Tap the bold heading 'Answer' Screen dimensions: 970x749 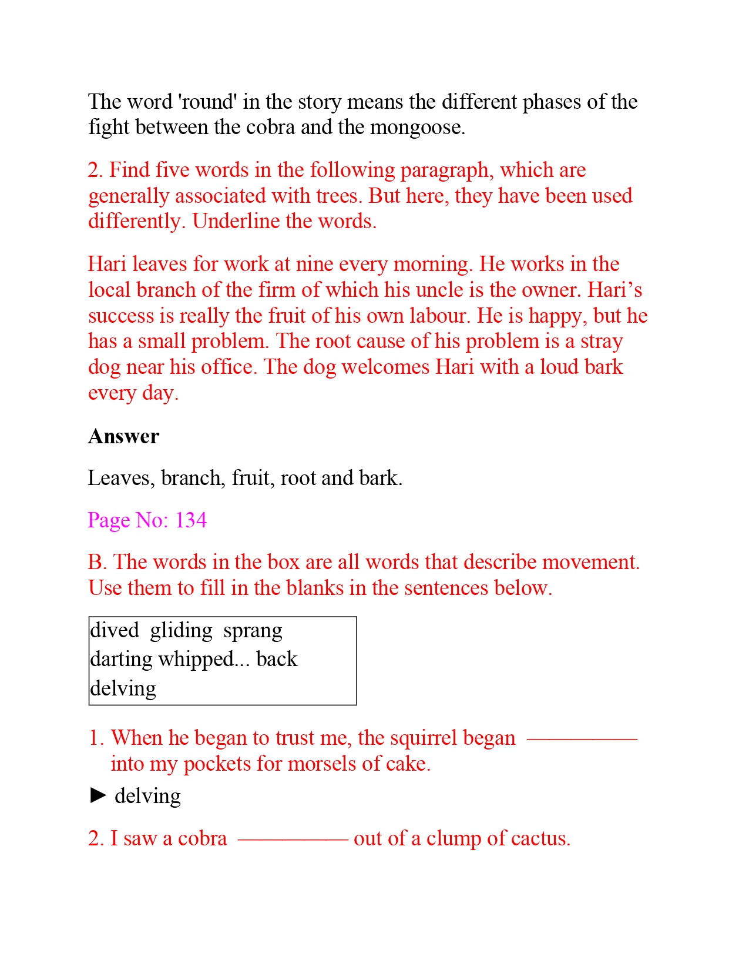123,437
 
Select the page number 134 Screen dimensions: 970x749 191,520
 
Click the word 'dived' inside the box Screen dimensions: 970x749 115,630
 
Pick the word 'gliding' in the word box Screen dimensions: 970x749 181,630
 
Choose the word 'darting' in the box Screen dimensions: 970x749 121,660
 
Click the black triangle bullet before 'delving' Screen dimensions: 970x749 98,796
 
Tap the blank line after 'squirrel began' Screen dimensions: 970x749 582,739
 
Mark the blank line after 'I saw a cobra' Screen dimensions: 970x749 293,839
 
